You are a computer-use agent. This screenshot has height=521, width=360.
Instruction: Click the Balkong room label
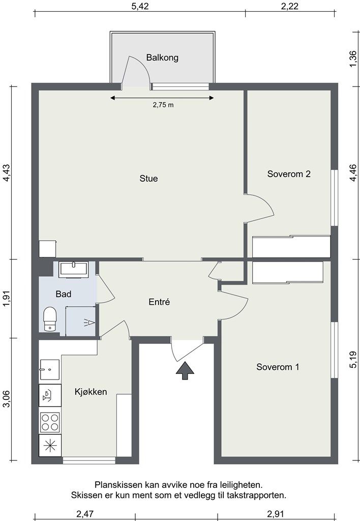pyautogui.click(x=162, y=58)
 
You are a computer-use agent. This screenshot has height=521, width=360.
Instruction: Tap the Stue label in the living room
pyautogui.click(x=148, y=179)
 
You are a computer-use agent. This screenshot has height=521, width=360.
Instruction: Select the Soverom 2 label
pyautogui.click(x=289, y=174)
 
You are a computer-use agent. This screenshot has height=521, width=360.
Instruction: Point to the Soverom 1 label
pyautogui.click(x=278, y=367)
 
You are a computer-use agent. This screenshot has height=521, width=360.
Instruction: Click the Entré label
pyautogui.click(x=159, y=302)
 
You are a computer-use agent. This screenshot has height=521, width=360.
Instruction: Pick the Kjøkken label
pyautogui.click(x=91, y=392)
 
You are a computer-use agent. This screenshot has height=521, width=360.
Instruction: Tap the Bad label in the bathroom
pyautogui.click(x=64, y=294)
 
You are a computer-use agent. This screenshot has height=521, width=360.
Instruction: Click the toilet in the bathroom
pyautogui.click(x=50, y=319)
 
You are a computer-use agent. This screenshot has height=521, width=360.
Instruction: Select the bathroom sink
pyautogui.click(x=73, y=270)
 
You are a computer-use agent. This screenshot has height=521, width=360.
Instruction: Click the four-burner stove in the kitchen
pyautogui.click(x=50, y=422)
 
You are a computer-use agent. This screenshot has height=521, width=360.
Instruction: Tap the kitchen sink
pyautogui.click(x=49, y=369)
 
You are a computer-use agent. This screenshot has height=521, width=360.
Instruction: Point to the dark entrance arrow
pyautogui.click(x=185, y=370)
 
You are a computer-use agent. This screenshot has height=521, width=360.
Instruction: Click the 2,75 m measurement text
pyautogui.click(x=163, y=105)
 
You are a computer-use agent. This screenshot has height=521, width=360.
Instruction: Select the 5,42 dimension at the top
pyautogui.click(x=140, y=6)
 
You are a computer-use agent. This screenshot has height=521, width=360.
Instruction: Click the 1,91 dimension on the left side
pyautogui.click(x=7, y=298)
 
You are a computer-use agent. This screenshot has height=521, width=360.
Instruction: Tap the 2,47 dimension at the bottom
pyautogui.click(x=85, y=514)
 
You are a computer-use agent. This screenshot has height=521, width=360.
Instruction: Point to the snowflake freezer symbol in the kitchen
pyautogui.click(x=50, y=445)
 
